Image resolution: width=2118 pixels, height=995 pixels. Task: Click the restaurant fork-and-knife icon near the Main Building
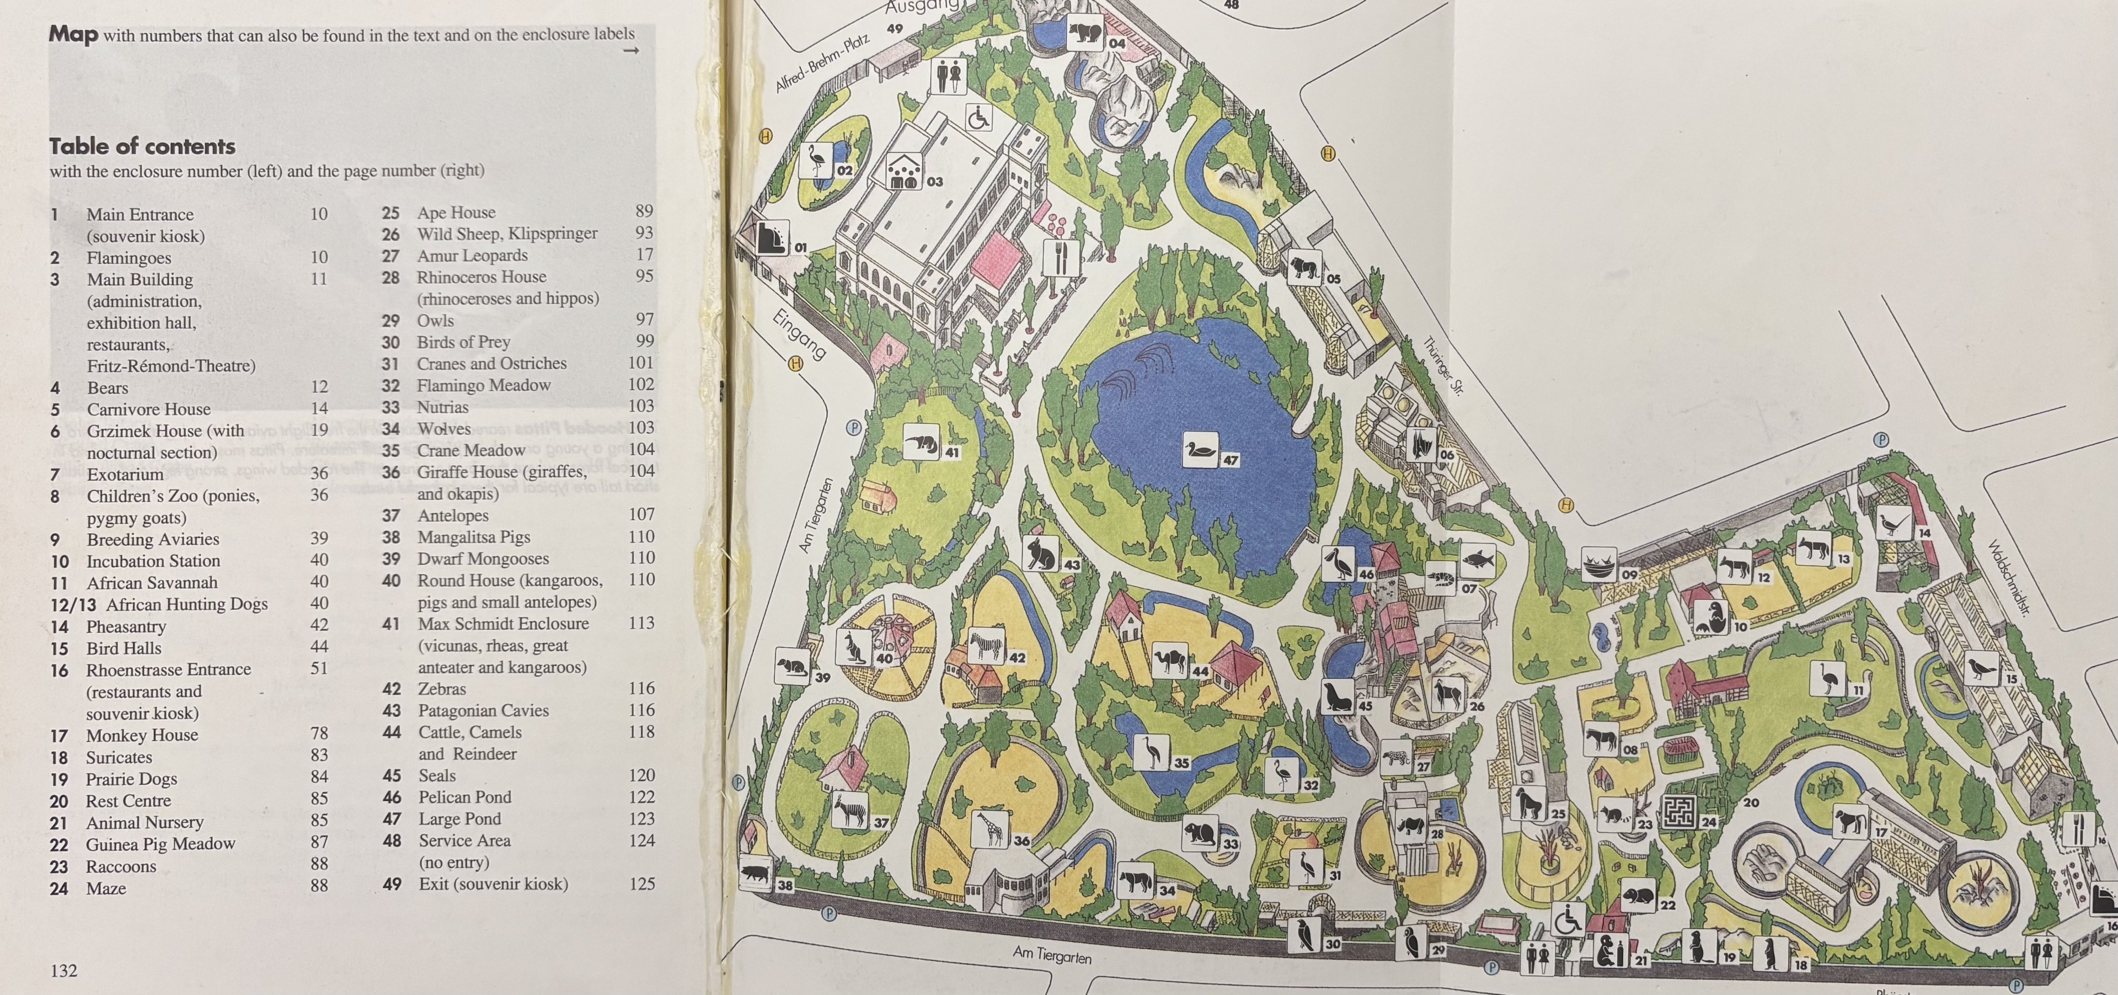[x=1061, y=257]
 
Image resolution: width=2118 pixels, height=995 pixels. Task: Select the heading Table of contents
[x=142, y=146]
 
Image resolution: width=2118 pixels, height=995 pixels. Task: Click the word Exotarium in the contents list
[x=125, y=475]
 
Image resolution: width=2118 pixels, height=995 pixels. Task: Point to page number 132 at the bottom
[x=63, y=970]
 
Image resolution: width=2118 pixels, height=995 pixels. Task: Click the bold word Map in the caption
[x=73, y=35]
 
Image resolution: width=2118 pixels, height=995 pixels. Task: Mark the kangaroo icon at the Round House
[x=853, y=647]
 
